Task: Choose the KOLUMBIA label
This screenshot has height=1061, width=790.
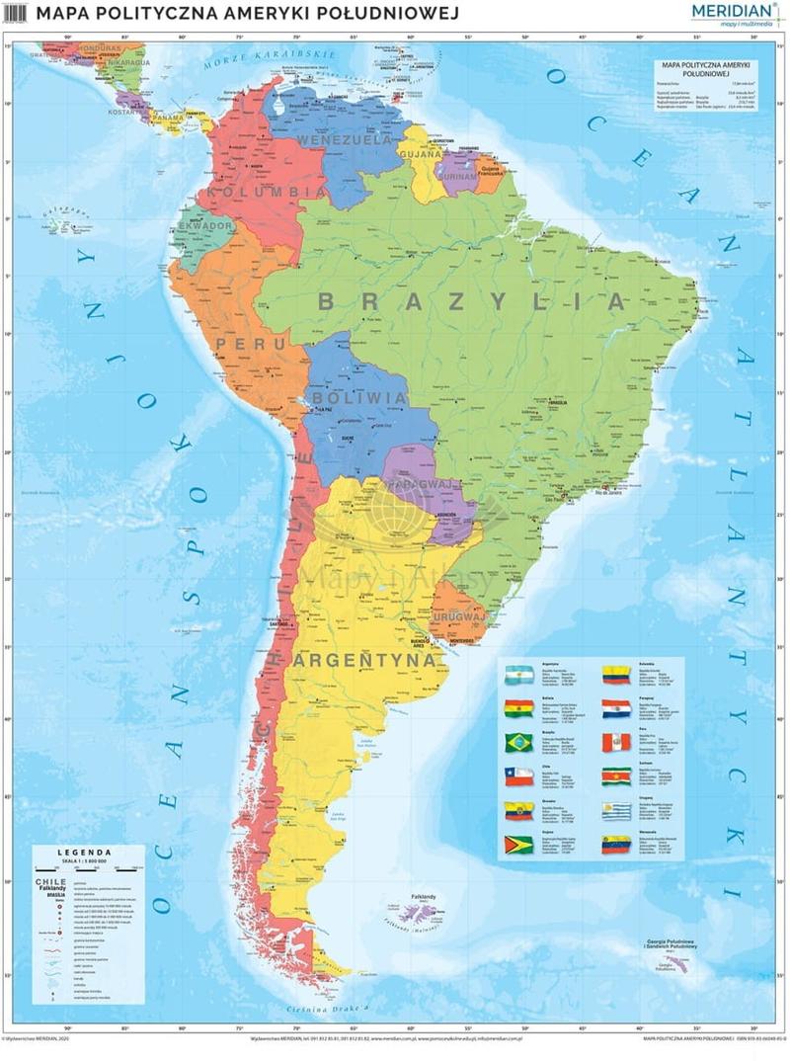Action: (263, 191)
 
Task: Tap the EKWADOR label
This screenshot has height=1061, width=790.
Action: (205, 227)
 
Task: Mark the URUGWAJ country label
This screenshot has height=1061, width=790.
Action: (459, 616)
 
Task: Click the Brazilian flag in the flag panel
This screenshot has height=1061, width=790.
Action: (518, 742)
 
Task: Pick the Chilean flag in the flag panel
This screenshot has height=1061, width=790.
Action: (518, 776)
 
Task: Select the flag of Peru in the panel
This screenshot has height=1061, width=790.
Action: (616, 742)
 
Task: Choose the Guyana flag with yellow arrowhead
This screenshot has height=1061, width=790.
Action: (518, 846)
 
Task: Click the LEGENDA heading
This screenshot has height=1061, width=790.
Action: (85, 852)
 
